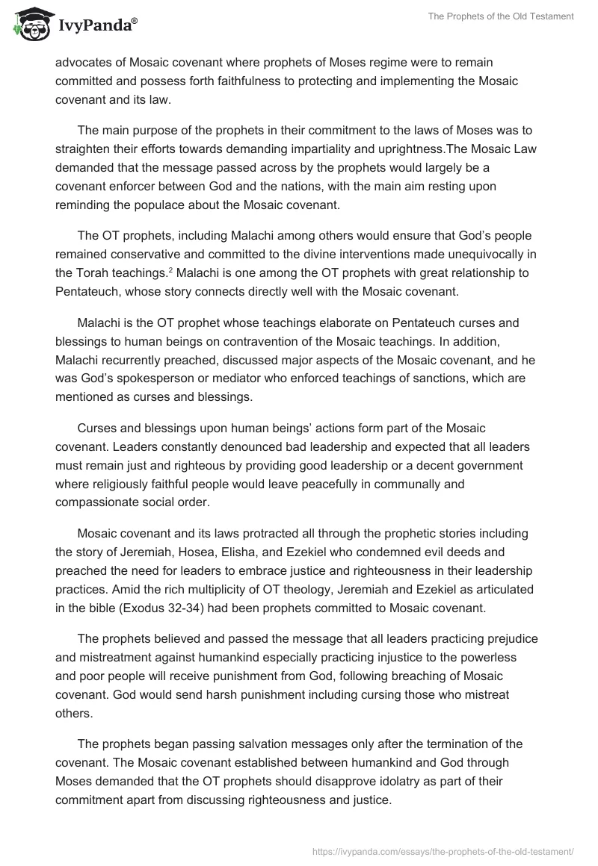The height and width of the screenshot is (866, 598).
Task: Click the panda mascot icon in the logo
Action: (x=28, y=25)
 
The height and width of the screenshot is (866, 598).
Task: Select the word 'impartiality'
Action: (x=359, y=149)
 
